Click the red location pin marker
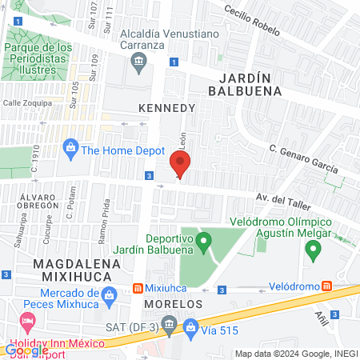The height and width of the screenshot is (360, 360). click(181, 164)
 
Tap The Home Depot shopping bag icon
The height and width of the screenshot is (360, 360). click(70, 148)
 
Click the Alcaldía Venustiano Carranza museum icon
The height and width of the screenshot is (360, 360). click(140, 62)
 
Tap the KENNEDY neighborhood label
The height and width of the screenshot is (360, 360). click(166, 107)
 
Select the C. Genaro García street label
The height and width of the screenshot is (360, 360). click(303, 159)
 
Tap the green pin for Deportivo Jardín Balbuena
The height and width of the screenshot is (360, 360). click(203, 240)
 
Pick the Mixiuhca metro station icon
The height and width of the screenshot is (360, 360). click(138, 288)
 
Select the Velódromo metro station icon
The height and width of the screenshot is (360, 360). click(326, 286)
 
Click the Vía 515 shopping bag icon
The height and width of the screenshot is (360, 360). click(190, 326)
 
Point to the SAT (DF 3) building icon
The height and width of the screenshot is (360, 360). click(168, 324)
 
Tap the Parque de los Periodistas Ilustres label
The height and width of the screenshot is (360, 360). click(38, 58)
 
